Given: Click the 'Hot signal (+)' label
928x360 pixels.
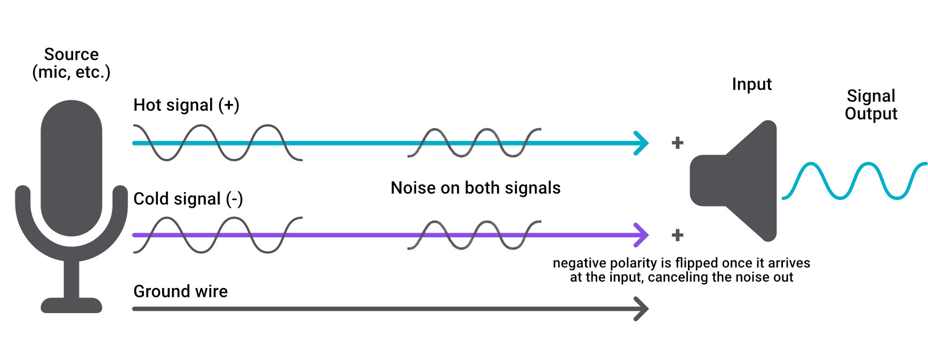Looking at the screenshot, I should [x=186, y=105].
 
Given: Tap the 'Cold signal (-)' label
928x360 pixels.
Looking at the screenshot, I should [x=188, y=199].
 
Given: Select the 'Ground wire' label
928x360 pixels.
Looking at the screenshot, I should [x=180, y=291].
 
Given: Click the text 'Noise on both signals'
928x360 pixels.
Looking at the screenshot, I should [x=475, y=188].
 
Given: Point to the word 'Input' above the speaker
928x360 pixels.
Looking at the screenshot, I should [x=751, y=84].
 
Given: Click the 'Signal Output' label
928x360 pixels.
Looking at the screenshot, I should [x=871, y=105].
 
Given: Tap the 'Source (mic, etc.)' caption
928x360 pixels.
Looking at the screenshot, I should [x=71, y=63].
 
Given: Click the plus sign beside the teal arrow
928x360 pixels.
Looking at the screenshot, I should [x=677, y=143].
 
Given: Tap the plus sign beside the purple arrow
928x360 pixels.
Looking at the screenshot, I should [x=677, y=235].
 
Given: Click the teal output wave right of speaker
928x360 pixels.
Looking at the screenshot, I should [x=853, y=181].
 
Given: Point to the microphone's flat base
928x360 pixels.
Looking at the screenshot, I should [x=71, y=305].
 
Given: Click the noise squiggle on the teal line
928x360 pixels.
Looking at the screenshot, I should [x=474, y=142].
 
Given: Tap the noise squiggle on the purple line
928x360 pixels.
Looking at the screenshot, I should [x=474, y=235].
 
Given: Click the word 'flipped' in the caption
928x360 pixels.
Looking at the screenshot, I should [x=698, y=263].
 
